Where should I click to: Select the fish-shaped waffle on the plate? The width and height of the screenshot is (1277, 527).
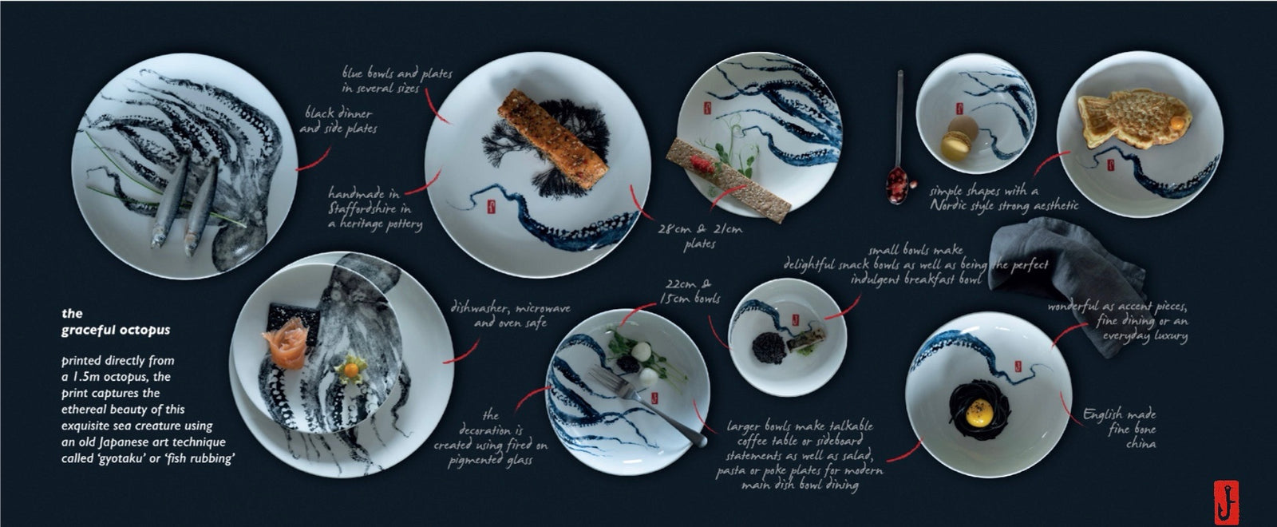click(1134, 117)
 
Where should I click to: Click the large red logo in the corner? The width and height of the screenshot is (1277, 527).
click(1226, 502)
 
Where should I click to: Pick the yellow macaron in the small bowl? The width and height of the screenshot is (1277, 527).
click(955, 145)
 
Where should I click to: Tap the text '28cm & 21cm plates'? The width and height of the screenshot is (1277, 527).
click(700, 236)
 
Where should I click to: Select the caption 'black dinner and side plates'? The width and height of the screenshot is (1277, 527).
click(338, 121)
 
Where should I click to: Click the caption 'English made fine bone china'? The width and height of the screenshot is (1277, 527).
click(1120, 428)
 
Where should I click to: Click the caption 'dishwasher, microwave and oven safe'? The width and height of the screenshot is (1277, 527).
click(510, 315)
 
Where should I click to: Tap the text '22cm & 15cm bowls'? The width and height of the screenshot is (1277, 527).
click(690, 291)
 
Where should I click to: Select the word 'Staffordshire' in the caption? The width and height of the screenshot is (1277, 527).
click(362, 208)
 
